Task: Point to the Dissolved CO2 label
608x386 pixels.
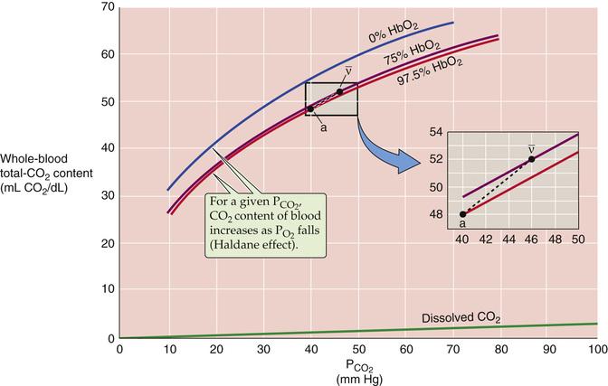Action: coord(461,318)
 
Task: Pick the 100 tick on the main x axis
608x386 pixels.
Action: coord(596,350)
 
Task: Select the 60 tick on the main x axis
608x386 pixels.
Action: coord(406,350)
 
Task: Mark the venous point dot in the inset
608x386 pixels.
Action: coord(531,159)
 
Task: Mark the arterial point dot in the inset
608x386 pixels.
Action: coord(463,214)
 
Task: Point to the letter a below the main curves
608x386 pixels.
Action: coord(322,127)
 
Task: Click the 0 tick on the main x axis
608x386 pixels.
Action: coord(119,350)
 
